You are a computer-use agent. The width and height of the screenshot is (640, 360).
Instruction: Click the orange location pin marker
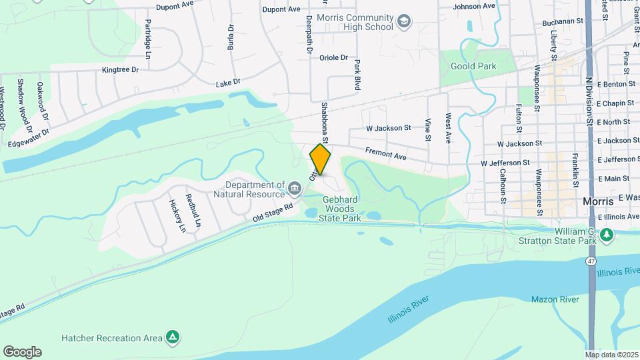(320, 160)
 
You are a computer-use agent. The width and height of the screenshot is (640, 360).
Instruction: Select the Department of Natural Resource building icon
(295, 189)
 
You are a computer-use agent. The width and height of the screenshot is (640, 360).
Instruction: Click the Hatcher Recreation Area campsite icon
(173, 337)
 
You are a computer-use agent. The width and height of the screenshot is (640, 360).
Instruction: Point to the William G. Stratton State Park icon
(606, 235)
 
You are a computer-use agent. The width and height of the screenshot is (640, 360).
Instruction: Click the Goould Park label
(473, 67)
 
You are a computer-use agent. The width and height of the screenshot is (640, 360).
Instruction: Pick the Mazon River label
(555, 300)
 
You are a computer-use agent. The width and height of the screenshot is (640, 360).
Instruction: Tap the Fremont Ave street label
(385, 155)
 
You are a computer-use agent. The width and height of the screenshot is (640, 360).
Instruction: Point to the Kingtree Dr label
(120, 69)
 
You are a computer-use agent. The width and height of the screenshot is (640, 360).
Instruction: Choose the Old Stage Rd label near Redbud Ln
(273, 213)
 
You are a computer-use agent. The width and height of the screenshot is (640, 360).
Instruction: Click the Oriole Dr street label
(334, 57)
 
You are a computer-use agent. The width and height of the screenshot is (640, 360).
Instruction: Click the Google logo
(22, 352)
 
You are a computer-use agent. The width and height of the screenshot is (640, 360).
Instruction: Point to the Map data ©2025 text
(611, 354)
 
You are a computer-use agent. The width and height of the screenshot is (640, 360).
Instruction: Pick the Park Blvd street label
(357, 75)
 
